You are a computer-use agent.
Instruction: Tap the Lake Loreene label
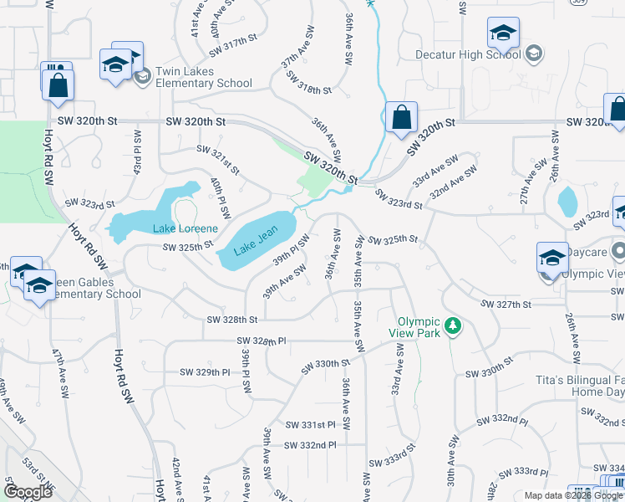(x=185, y=228)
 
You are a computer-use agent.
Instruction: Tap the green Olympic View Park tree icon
(x=453, y=325)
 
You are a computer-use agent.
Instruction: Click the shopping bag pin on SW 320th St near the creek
(x=401, y=119)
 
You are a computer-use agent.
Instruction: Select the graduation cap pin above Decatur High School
(x=503, y=35)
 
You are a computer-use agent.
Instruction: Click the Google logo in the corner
(x=28, y=491)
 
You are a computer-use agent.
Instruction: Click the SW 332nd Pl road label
(x=309, y=445)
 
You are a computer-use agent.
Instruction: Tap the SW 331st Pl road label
(x=309, y=425)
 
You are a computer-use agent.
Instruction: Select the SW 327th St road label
(x=507, y=304)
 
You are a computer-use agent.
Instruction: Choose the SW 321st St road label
(x=218, y=159)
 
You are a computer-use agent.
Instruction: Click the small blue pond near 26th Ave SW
(x=567, y=202)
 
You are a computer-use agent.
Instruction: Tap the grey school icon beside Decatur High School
(x=535, y=55)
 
